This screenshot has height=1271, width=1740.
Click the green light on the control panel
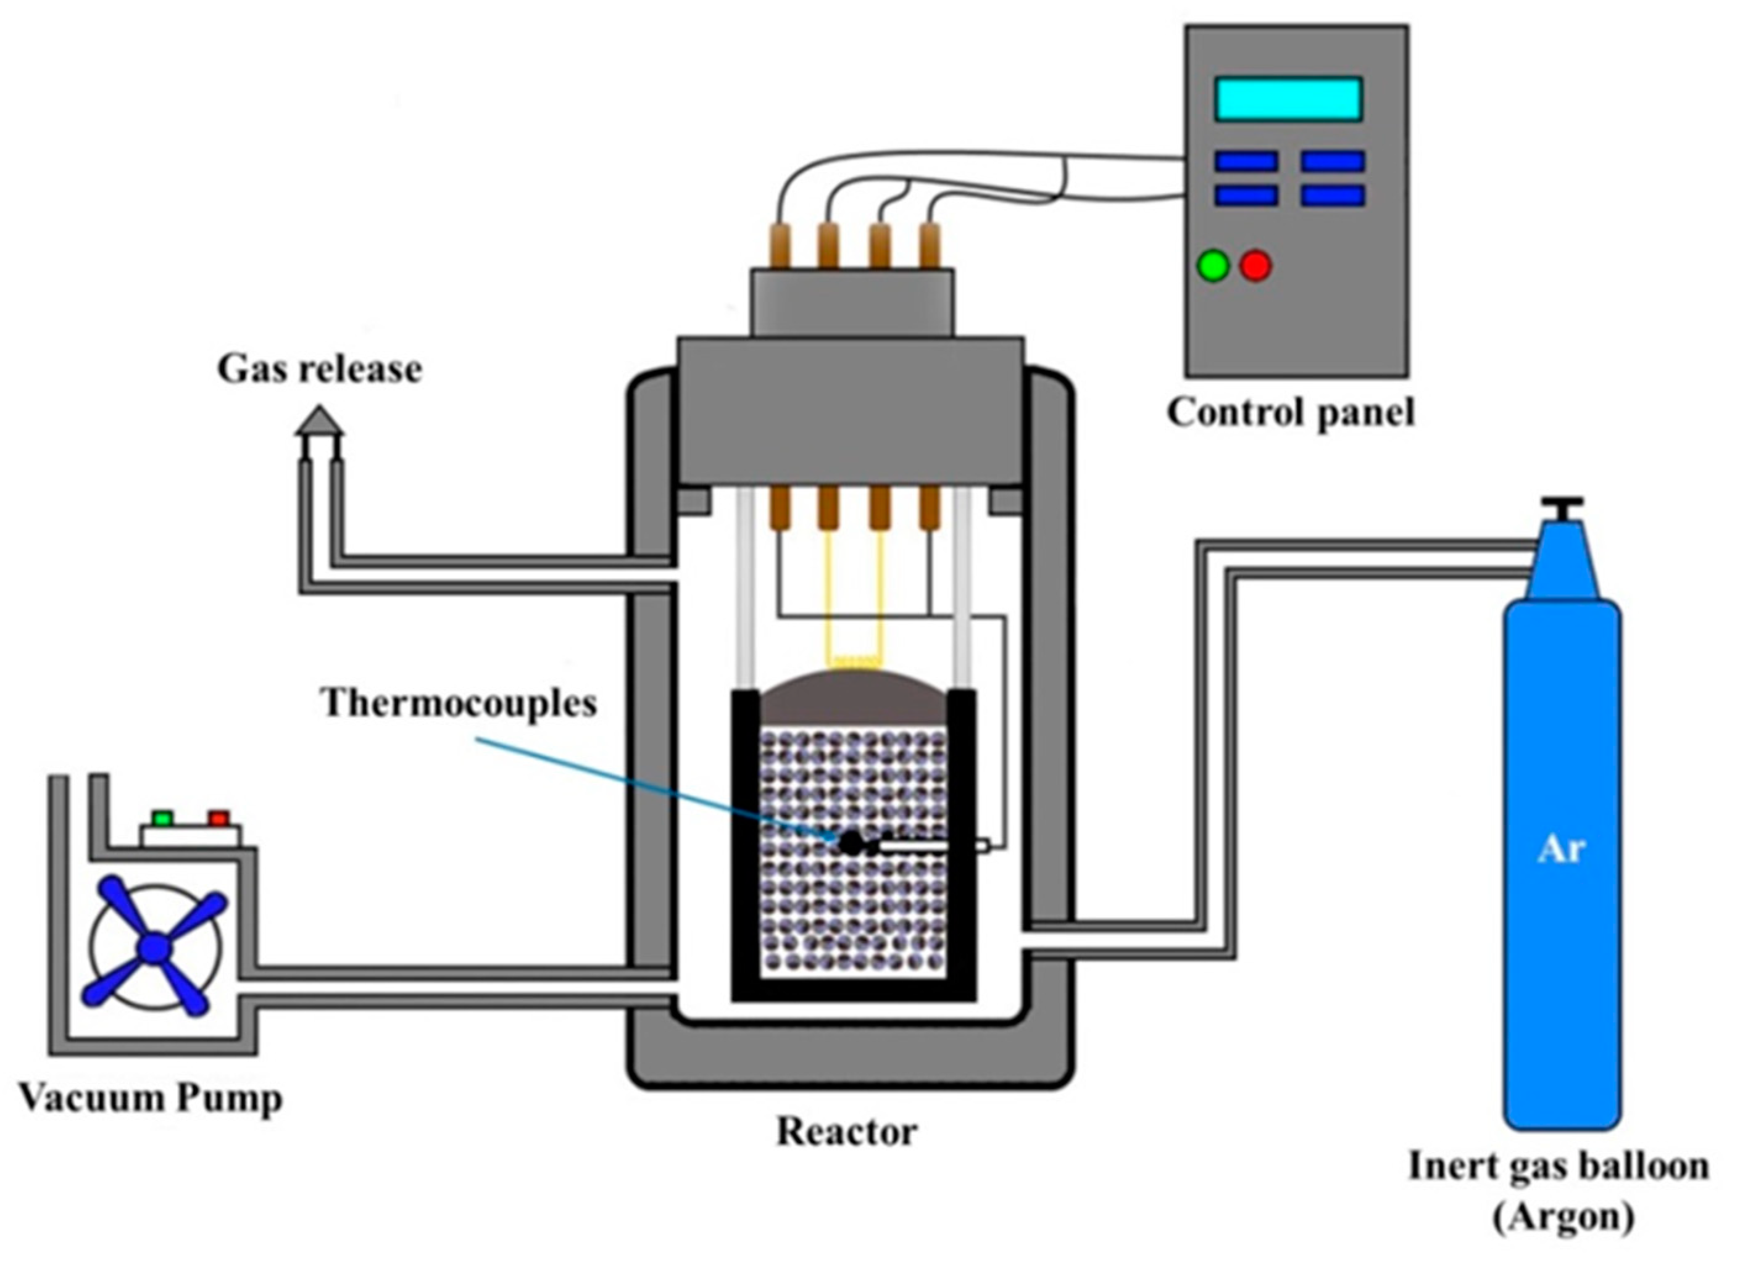point(1213,266)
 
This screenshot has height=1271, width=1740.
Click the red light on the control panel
point(1255,266)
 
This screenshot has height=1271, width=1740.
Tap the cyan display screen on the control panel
point(1288,99)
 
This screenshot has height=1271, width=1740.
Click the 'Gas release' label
point(319,370)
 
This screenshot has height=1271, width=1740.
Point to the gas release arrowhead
point(319,421)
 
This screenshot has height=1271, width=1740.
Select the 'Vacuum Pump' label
point(151,1098)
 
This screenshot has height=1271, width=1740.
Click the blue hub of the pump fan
point(155,948)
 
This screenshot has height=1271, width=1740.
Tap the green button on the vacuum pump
point(162,817)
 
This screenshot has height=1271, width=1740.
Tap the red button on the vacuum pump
point(219,817)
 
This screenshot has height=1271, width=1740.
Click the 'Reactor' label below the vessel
point(846,1132)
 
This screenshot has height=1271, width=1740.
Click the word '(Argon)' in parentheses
point(1563,1218)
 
